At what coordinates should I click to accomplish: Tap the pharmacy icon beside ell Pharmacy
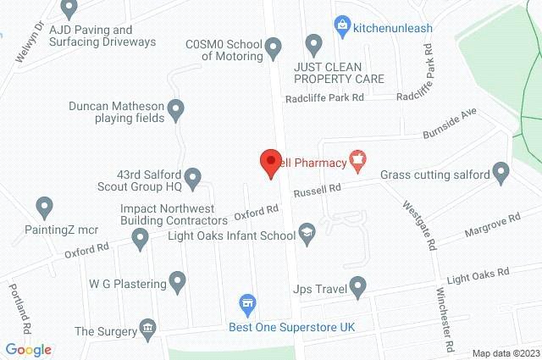(358, 158)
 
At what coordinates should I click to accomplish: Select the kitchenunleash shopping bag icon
(341, 25)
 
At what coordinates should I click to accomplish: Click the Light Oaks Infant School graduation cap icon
(306, 232)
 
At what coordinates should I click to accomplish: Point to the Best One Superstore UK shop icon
(247, 302)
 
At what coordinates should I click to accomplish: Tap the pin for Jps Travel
(358, 285)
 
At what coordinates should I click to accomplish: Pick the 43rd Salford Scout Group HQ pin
(192, 176)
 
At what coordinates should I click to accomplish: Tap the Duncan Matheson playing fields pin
(176, 107)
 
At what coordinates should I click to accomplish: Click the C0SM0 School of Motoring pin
(274, 47)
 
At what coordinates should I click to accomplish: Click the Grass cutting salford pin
(501, 174)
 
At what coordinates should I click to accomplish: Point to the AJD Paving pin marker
(70, 8)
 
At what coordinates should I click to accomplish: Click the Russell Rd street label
(317, 191)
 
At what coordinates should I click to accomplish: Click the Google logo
(29, 350)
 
